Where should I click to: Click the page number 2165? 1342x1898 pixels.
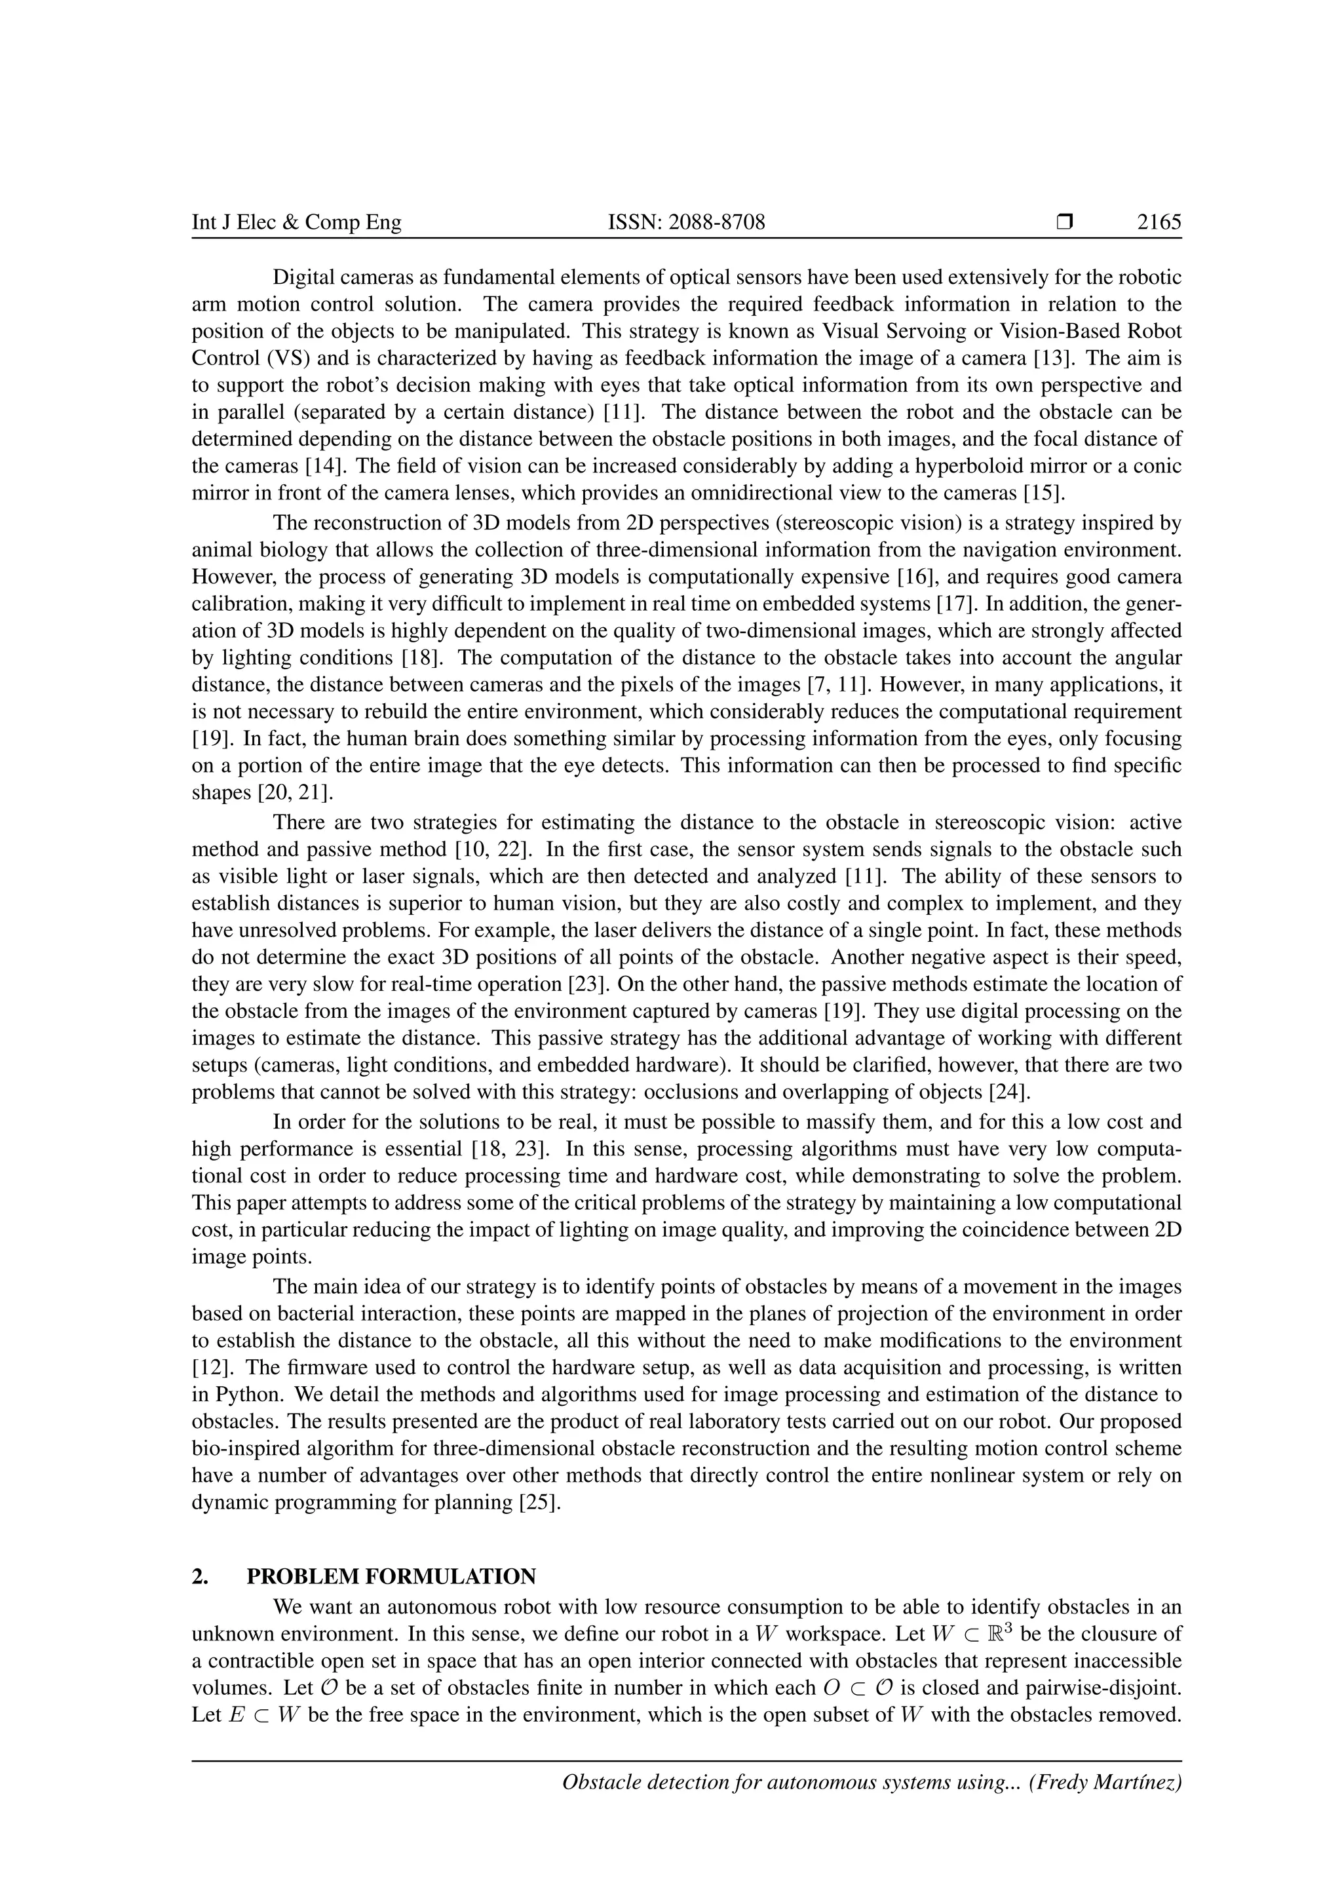click(x=1159, y=222)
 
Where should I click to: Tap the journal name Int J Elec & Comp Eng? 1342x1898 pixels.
click(x=296, y=222)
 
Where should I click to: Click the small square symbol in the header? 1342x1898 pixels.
click(x=1064, y=222)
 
